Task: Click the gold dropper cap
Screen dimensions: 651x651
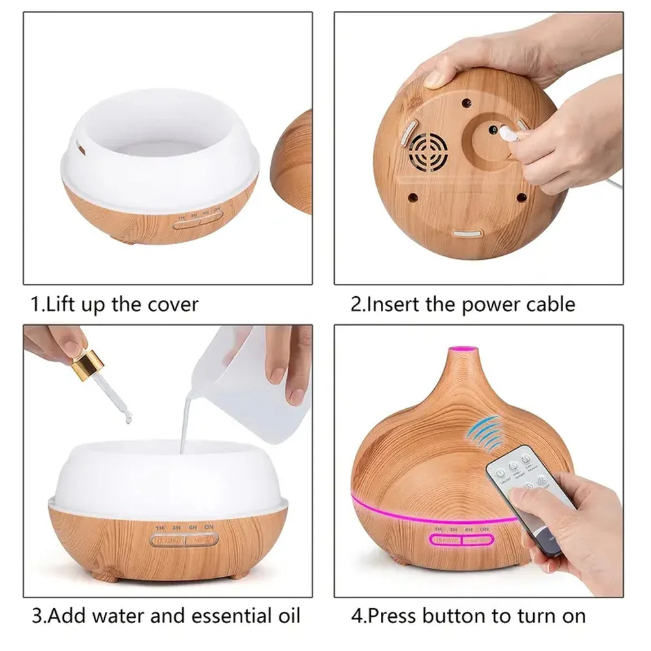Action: pyautogui.click(x=87, y=366)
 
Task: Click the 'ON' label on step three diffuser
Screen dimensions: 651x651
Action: pyautogui.click(x=210, y=527)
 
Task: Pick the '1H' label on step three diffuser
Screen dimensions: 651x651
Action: pyautogui.click(x=159, y=527)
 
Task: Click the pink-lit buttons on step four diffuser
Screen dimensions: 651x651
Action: pyautogui.click(x=462, y=540)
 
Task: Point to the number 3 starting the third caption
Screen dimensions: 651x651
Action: pyautogui.click(x=38, y=615)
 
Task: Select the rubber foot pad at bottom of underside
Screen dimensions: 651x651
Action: pyautogui.click(x=467, y=233)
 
